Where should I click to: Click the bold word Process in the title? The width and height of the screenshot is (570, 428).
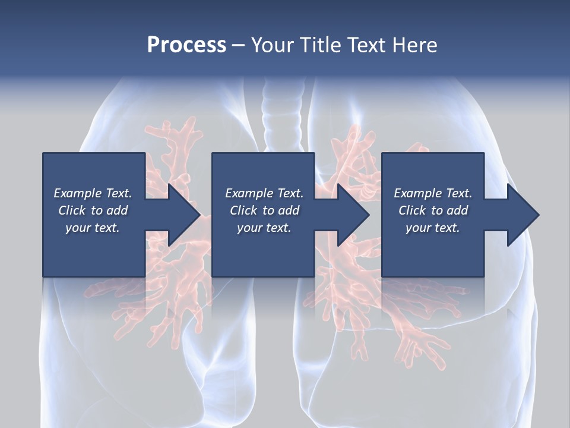[x=186, y=45]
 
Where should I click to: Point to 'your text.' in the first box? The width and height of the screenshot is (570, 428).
[x=93, y=228]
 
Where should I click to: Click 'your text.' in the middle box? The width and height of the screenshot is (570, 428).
[x=264, y=228]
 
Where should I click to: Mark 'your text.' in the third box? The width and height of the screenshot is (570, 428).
[x=432, y=228]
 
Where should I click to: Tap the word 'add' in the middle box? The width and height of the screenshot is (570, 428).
[x=289, y=210]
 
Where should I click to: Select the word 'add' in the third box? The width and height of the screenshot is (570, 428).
[x=457, y=210]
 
